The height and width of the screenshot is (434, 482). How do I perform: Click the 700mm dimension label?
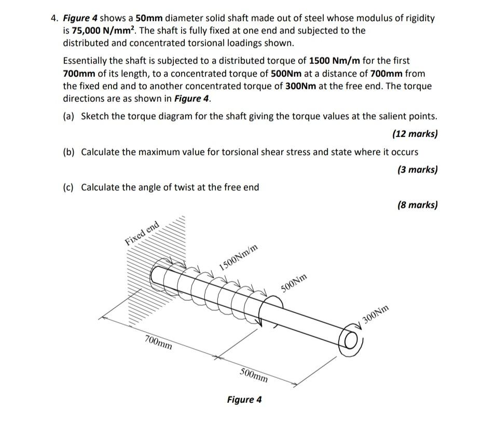159,342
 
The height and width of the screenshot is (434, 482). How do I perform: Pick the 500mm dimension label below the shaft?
254,375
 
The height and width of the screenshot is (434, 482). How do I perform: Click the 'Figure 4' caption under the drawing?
244,400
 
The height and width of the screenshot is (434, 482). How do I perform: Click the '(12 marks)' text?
415,134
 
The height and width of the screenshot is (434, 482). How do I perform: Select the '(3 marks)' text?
417,169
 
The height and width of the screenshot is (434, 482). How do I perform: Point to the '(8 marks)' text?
417,205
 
